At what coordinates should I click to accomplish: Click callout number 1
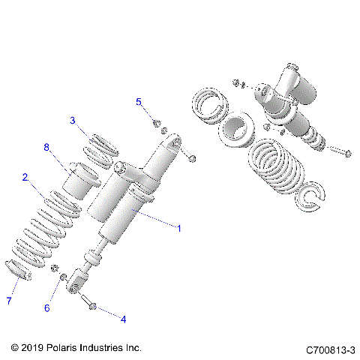(178, 226)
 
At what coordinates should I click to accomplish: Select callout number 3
(73, 120)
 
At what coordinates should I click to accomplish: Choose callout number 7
(9, 301)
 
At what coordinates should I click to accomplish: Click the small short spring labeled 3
(103, 148)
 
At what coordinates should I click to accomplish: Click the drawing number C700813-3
(329, 349)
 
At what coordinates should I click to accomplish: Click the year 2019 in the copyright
(33, 349)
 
